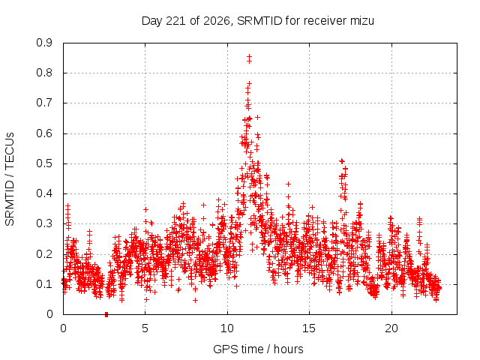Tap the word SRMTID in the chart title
(x=259, y=21)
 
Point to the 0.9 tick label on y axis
(x=45, y=43)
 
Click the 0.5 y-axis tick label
(x=45, y=163)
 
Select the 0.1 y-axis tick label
(x=45, y=284)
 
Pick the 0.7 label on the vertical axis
(x=45, y=103)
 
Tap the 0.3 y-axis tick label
(x=45, y=224)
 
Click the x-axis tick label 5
(x=145, y=328)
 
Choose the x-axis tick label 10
(x=227, y=328)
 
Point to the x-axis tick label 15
(x=309, y=328)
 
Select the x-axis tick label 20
(x=391, y=328)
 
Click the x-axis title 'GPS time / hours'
(x=258, y=349)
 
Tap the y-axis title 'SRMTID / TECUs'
(x=10, y=179)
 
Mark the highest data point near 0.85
(x=250, y=57)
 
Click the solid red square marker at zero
(x=106, y=314)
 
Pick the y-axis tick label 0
(x=49, y=314)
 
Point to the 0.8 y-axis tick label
(x=45, y=73)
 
